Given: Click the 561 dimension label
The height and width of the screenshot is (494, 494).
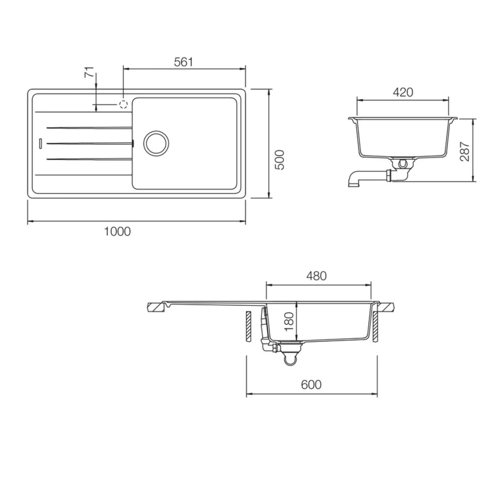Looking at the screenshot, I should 183,62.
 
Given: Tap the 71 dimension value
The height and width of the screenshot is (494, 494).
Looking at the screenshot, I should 89,72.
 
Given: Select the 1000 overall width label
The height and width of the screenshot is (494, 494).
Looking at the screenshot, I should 118,232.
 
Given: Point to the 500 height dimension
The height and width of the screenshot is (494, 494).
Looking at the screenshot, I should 280,160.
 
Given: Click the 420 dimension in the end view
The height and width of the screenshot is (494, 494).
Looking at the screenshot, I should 403,92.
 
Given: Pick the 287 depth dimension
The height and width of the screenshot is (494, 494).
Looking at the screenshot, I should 465,151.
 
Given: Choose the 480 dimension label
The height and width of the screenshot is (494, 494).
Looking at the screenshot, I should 316,276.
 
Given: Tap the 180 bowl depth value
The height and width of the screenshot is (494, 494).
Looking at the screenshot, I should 289,322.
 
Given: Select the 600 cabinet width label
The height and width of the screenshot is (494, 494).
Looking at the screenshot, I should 311,384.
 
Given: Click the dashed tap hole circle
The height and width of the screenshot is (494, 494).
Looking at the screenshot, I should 123,104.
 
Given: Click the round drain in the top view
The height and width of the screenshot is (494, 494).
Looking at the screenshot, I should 156,143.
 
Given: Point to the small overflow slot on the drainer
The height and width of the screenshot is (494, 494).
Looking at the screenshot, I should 40,143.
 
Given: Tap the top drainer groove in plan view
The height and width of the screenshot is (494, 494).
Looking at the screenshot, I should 89,128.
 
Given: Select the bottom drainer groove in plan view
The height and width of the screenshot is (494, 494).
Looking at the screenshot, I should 89,159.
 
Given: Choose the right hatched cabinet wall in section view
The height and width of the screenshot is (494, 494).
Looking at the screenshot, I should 375,326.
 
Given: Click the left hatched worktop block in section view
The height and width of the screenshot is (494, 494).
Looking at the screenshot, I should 156,307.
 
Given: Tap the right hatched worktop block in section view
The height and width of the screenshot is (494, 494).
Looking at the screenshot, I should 387,307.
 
